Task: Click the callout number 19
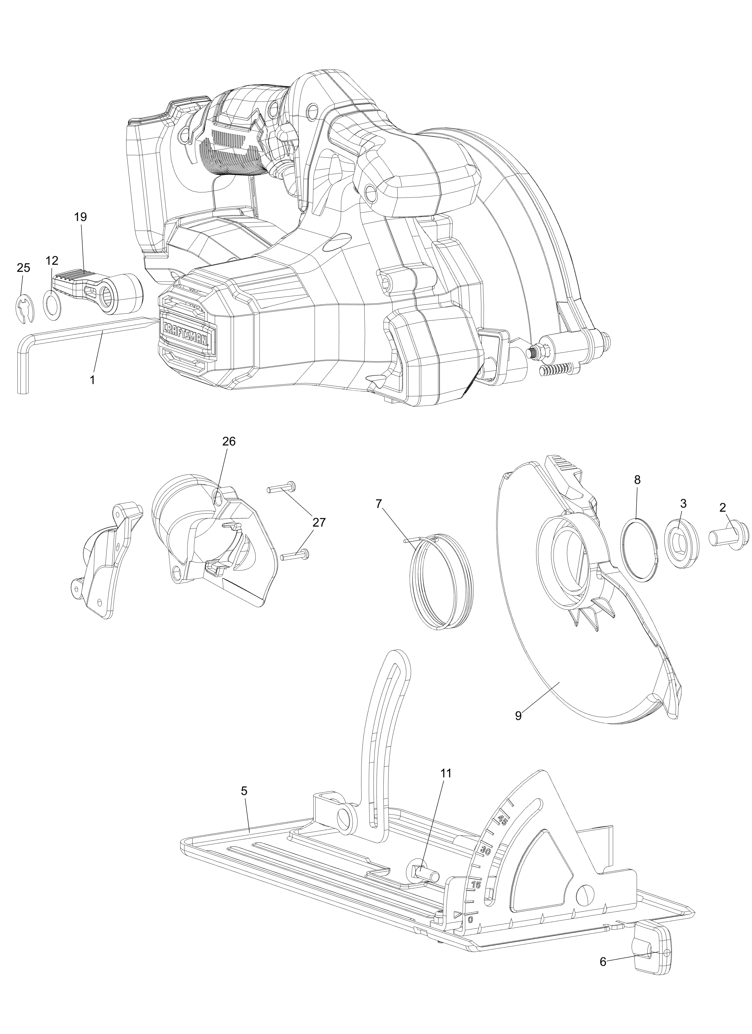[80, 217]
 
